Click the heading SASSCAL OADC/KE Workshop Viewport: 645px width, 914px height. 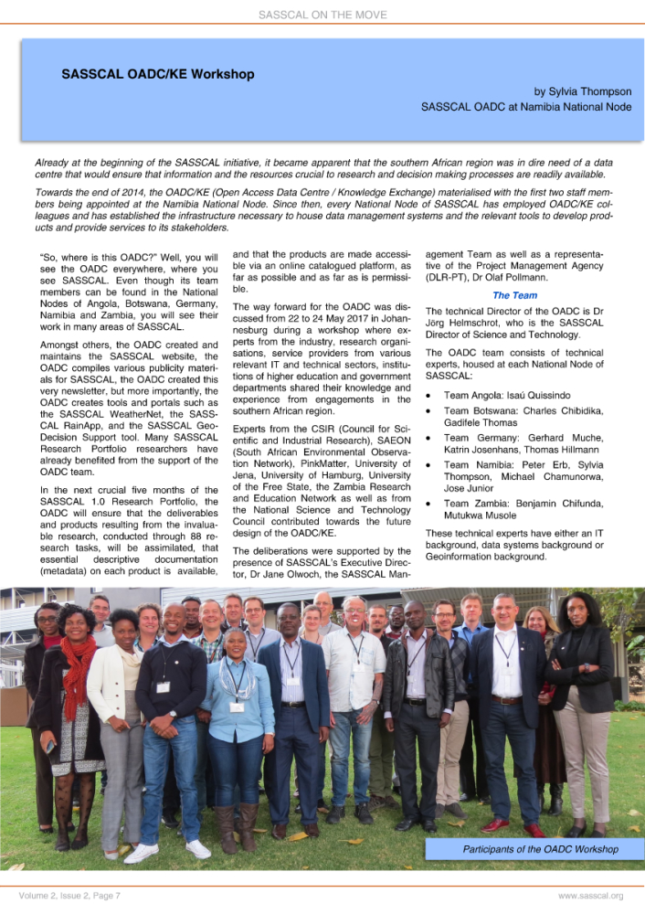tap(157, 74)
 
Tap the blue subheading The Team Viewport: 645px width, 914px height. tap(514, 295)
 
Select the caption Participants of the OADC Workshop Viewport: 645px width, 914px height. tap(540, 849)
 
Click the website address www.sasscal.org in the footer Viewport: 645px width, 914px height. tap(590, 895)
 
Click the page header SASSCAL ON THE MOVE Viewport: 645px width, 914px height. tap(322, 15)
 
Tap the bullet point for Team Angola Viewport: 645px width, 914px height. tap(430, 395)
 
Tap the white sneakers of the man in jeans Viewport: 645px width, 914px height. tap(169, 851)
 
